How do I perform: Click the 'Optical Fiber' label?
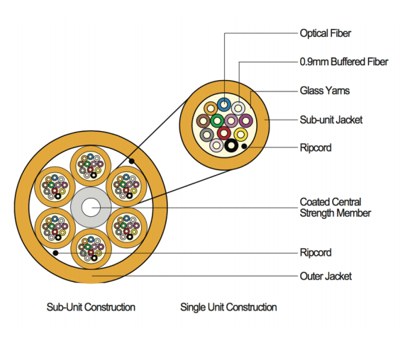click(x=325, y=33)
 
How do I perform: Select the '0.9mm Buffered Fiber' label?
click(x=344, y=62)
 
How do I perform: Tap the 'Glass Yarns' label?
click(x=324, y=91)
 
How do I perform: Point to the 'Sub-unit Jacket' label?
click(x=330, y=120)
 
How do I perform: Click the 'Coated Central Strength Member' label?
click(x=335, y=207)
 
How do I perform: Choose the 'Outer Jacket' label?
click(x=326, y=276)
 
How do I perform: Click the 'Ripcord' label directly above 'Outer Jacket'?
click(x=315, y=252)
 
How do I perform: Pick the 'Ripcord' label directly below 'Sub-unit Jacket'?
click(x=315, y=148)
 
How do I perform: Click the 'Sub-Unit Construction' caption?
click(x=91, y=307)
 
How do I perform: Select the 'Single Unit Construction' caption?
click(x=228, y=307)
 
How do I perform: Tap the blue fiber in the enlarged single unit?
click(x=224, y=105)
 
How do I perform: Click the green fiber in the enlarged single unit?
click(x=216, y=120)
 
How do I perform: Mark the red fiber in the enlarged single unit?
click(x=224, y=133)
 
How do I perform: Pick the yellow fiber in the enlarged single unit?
click(x=241, y=133)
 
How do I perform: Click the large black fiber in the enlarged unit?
click(x=232, y=146)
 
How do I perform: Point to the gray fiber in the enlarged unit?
click(x=206, y=134)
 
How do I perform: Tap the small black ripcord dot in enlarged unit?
click(x=245, y=147)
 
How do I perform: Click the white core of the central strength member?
click(x=90, y=207)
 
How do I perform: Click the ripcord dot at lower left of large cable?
click(x=55, y=252)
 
